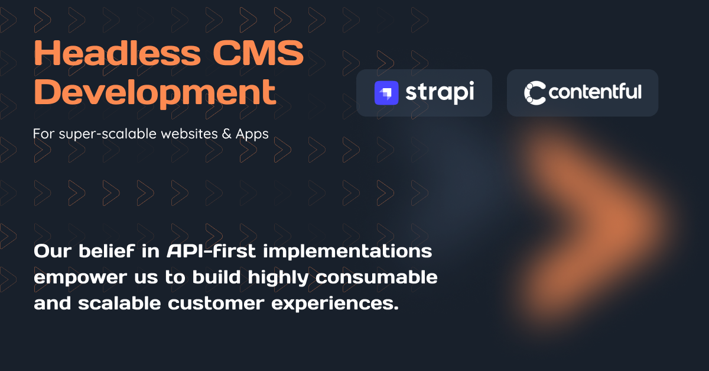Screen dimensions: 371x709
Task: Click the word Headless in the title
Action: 118,55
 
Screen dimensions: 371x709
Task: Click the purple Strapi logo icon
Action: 386,93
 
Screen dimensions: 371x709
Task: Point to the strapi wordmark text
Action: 440,93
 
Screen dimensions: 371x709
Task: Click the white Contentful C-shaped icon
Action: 535,93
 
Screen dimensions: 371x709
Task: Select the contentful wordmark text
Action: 595,92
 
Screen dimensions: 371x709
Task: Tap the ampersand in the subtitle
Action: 226,134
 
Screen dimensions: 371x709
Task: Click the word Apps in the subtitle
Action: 252,135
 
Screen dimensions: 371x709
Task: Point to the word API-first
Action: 211,251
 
